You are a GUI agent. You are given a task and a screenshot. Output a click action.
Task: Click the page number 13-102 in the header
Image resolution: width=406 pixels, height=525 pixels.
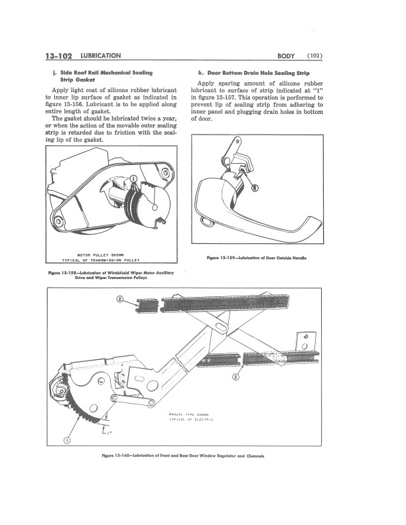pos(58,56)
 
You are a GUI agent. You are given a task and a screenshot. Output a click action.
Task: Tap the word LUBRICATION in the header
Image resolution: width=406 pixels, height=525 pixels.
pos(101,56)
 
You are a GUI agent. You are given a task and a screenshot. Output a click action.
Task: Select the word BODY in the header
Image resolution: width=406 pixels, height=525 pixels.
pos(286,56)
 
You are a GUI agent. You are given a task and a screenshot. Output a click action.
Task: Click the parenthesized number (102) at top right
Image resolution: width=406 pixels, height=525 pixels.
pos(314,56)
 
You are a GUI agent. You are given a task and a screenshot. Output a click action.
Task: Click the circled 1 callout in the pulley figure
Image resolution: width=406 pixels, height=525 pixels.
pos(133,178)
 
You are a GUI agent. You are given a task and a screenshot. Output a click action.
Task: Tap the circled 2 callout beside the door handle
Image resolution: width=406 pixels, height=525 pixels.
pos(255,188)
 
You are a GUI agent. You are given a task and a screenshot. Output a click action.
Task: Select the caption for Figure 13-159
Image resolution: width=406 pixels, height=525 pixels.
pos(257,258)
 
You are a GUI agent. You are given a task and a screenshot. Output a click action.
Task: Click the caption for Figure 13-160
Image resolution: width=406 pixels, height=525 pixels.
pos(183,455)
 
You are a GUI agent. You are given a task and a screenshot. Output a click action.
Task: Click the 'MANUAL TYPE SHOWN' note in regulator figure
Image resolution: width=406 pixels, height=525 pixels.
pos(189,415)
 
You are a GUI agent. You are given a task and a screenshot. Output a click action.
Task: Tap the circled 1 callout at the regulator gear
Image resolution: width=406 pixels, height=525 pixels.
pos(67,440)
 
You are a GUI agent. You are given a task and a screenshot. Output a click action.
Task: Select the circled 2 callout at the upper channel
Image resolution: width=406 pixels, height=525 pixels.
pos(119,299)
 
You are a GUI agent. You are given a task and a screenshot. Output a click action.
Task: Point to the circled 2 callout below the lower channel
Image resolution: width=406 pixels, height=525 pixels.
pos(236,377)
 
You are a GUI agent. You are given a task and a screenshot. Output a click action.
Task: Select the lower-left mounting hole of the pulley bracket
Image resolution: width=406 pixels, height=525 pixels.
pos(58,221)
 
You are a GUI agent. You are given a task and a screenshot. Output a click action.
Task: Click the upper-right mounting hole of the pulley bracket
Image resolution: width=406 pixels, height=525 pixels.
pos(165,173)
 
